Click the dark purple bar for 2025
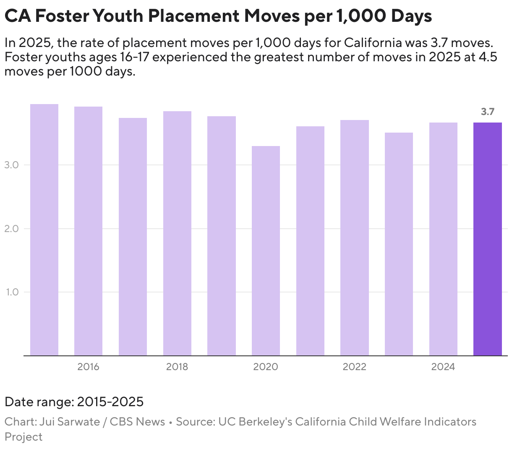click(487, 239)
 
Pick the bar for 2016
click(88, 231)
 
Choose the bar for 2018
click(177, 233)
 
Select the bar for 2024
click(443, 239)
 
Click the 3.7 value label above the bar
click(487, 112)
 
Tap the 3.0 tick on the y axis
click(11, 165)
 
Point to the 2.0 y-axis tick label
click(11, 229)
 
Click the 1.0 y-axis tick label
click(12, 292)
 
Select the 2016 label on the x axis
click(88, 367)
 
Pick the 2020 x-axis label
click(266, 367)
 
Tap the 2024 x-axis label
click(443, 367)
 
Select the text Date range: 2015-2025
click(74, 402)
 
